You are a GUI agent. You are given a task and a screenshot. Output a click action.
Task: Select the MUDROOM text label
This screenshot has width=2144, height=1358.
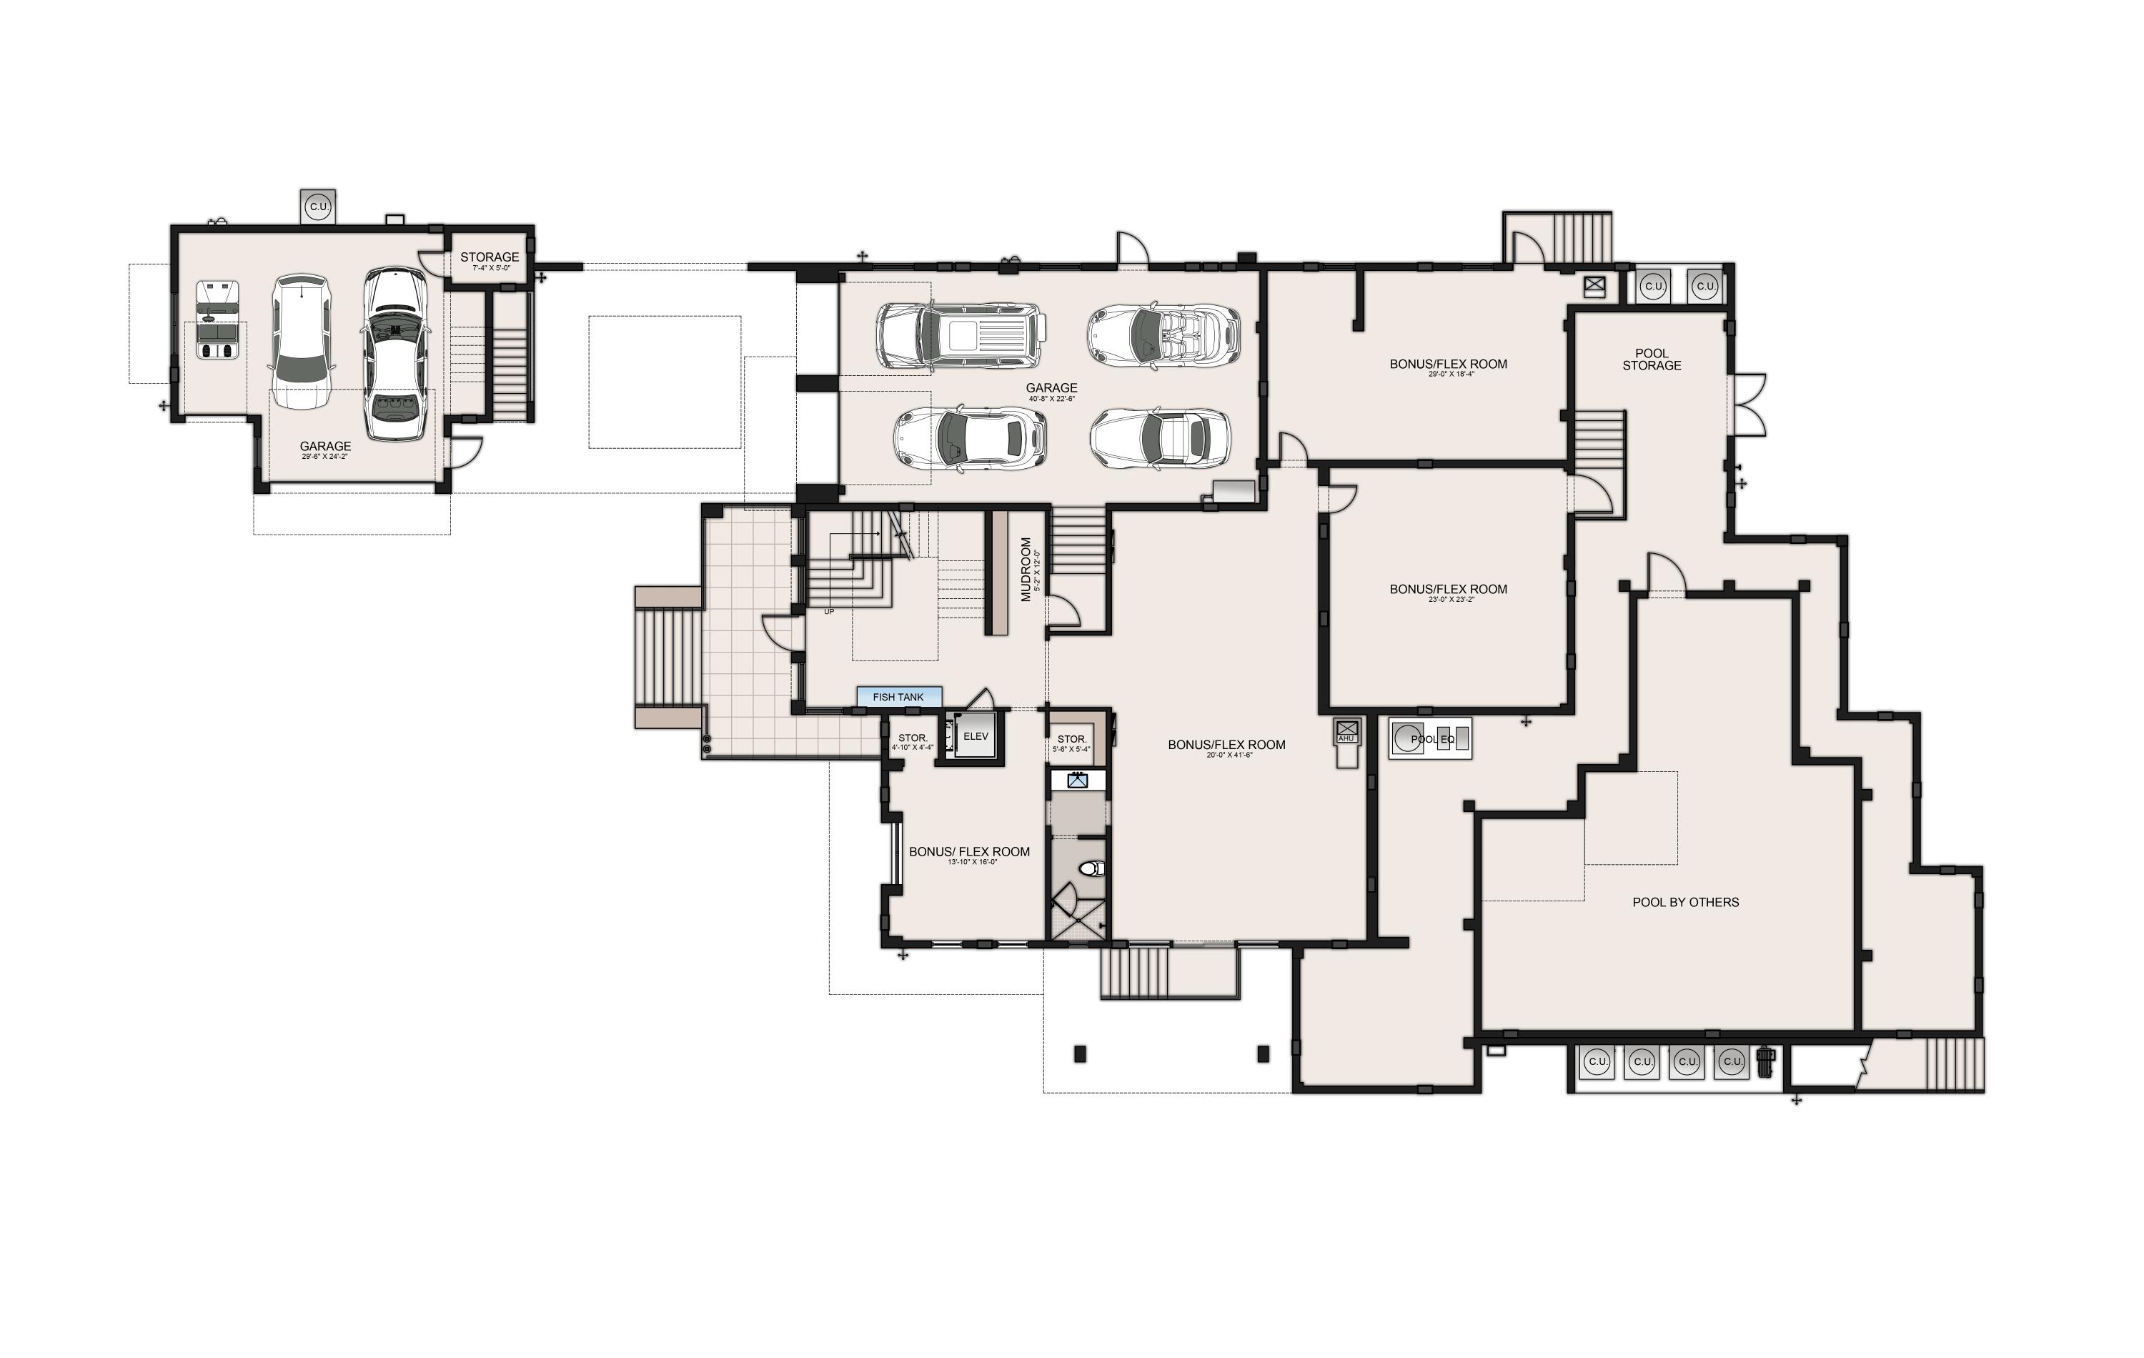tap(1026, 569)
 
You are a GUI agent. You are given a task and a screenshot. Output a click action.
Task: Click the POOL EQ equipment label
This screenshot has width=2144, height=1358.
tap(1431, 739)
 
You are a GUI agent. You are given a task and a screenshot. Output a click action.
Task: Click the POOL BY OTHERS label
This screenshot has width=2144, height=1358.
tap(1684, 902)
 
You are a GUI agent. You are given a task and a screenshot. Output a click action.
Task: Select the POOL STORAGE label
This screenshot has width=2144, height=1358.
tap(1652, 360)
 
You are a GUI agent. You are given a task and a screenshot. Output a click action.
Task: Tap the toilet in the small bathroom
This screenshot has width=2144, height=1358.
tap(1091, 868)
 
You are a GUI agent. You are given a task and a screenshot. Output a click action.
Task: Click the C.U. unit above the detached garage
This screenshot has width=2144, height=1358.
tap(318, 207)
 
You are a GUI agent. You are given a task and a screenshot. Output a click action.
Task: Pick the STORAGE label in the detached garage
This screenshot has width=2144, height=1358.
tap(489, 257)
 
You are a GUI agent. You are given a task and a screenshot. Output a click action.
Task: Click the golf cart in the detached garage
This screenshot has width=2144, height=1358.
tap(217, 319)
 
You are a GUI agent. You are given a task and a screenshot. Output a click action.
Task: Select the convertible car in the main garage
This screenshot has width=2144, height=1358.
tap(1163, 336)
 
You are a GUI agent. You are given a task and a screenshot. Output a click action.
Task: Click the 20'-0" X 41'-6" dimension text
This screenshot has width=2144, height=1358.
tap(1229, 755)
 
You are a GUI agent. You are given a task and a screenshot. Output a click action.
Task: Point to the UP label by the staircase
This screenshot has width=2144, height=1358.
tap(829, 612)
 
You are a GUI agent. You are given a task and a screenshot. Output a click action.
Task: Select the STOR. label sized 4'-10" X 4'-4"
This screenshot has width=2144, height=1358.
tap(913, 738)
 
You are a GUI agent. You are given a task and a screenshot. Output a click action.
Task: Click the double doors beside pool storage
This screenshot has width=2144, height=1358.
tap(1747, 405)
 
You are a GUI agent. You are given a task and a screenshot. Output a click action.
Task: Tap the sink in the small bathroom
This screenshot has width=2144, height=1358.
tap(1078, 781)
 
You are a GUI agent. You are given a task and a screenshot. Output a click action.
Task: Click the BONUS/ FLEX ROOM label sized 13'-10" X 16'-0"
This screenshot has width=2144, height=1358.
tap(968, 852)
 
